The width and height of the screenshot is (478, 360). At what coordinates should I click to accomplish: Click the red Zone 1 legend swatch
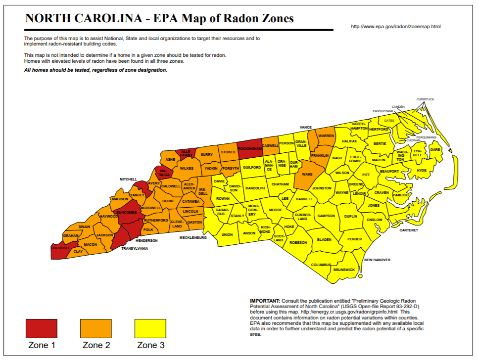pos(42,328)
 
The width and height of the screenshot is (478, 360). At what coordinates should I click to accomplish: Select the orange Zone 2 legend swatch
pos(96,328)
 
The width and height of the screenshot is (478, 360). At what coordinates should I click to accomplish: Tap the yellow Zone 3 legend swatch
pos(150,328)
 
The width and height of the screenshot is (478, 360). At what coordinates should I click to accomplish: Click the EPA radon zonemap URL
pos(395,26)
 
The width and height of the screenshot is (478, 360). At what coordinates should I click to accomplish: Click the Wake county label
pos(307,175)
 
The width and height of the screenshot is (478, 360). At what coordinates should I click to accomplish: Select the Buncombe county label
pos(126,213)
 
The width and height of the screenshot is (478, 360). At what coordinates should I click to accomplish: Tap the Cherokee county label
pos(60,248)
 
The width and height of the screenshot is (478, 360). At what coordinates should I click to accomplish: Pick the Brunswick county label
pos(344,270)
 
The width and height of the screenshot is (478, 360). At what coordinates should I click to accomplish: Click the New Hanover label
pos(377,260)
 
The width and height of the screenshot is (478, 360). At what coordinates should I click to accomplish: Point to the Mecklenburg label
pos(192,238)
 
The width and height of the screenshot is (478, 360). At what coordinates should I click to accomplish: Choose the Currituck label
pos(425,99)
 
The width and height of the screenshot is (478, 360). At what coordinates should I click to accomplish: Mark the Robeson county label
pos(298,243)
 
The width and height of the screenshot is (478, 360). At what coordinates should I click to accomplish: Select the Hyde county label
pos(422,170)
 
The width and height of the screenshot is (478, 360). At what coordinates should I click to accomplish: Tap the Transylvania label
pos(135,248)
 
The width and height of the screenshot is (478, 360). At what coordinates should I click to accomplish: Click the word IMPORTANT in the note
pos(265,301)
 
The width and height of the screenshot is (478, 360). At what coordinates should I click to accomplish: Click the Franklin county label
pos(320,155)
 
